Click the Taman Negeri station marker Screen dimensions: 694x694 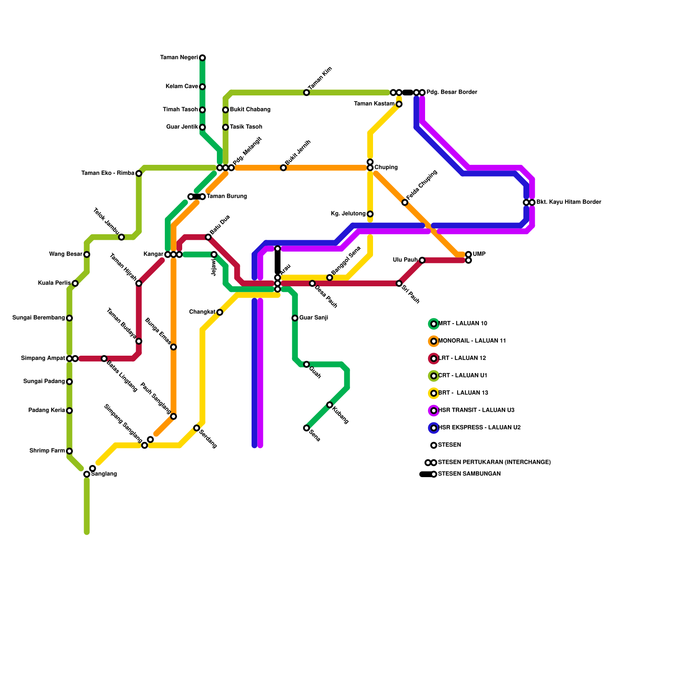[x=203, y=58]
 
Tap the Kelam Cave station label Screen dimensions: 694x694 [x=182, y=87]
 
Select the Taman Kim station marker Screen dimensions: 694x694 [x=307, y=93]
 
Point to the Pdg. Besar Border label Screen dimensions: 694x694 [x=452, y=92]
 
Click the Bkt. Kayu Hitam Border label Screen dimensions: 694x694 [x=569, y=202]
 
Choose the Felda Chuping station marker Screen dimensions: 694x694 [x=405, y=203]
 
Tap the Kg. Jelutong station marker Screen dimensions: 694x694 [x=370, y=214]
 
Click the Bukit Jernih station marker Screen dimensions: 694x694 [x=283, y=168]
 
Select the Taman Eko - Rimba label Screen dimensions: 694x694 [x=108, y=173]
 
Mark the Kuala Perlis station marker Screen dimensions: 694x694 [x=75, y=284]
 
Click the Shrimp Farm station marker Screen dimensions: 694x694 [x=69, y=451]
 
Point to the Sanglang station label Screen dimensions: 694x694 [x=104, y=474]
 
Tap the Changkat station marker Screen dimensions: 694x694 [x=220, y=312]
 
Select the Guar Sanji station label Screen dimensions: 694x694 [x=314, y=318]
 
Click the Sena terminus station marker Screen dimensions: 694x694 [x=307, y=428]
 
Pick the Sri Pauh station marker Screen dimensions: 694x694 [x=399, y=284]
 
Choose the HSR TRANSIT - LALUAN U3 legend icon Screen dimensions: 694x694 [x=434, y=410]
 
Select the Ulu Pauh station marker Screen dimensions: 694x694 [x=422, y=260]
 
